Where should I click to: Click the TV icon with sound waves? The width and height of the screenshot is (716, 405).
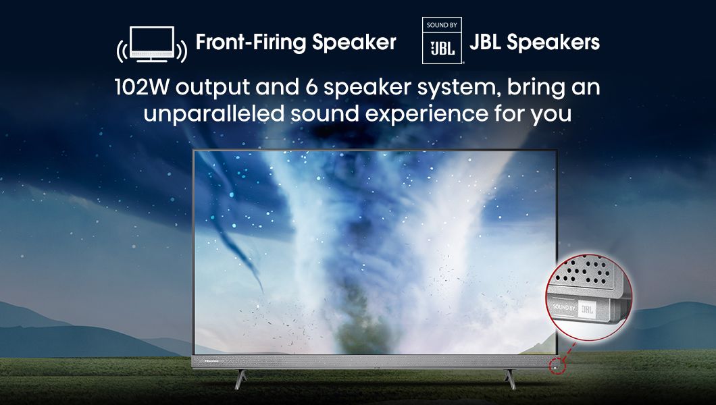pyautogui.click(x=151, y=45)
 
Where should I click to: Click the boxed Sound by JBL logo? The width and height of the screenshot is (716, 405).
pyautogui.click(x=442, y=40)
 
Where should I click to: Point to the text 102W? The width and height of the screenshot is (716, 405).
pyautogui.click(x=142, y=86)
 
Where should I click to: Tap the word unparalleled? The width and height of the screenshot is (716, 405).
pyautogui.click(x=214, y=113)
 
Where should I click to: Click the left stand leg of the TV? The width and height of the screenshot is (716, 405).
pyautogui.click(x=240, y=379)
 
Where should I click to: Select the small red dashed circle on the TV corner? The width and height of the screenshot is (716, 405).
pyautogui.click(x=557, y=365)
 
